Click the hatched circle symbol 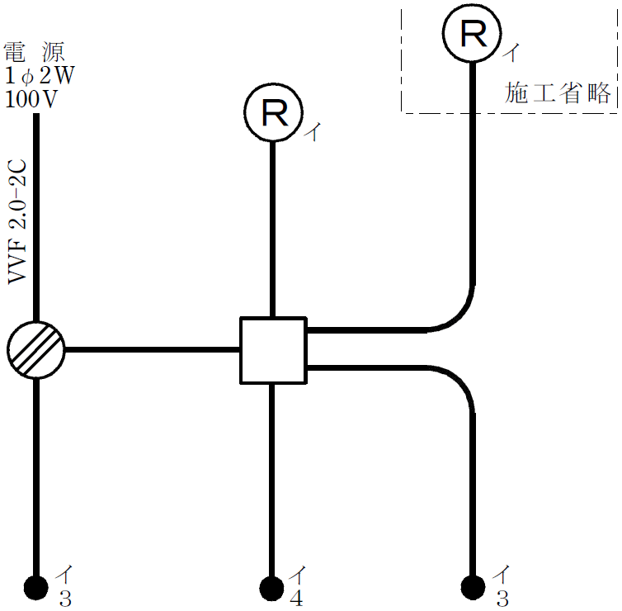point(35,350)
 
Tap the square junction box point(272,350)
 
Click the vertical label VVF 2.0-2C point(19,222)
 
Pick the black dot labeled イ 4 point(271,588)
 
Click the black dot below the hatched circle point(35,587)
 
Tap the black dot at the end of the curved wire point(473,587)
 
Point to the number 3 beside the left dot point(64,599)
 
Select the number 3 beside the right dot point(502,599)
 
